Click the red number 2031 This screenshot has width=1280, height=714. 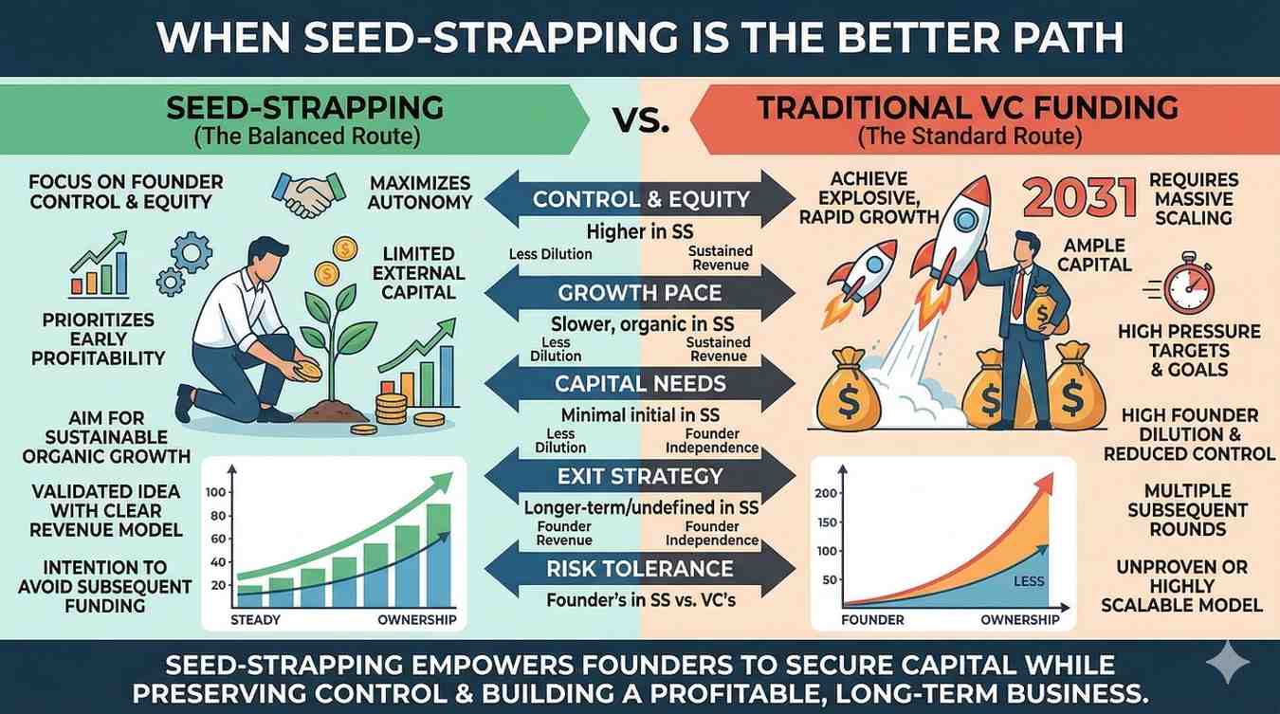[1079, 198]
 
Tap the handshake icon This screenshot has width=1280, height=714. [309, 193]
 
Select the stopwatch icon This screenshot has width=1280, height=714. [1183, 284]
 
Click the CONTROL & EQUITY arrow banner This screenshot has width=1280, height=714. [640, 199]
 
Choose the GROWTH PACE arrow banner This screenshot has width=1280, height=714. [640, 293]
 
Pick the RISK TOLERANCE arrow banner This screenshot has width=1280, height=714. [640, 569]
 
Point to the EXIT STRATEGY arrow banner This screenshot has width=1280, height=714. [640, 477]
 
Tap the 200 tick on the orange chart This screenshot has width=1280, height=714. [826, 493]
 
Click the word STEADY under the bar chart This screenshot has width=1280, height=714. [255, 620]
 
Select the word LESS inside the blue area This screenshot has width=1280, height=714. [1029, 581]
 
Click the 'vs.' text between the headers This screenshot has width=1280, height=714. [641, 120]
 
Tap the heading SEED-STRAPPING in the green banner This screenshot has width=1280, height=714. [304, 107]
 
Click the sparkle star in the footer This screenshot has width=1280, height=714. [1228, 663]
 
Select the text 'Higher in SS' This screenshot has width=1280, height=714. [640, 232]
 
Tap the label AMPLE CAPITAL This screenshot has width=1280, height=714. [1094, 255]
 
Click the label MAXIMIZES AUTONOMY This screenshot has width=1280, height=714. [420, 192]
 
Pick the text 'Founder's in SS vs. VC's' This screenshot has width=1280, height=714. [641, 600]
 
